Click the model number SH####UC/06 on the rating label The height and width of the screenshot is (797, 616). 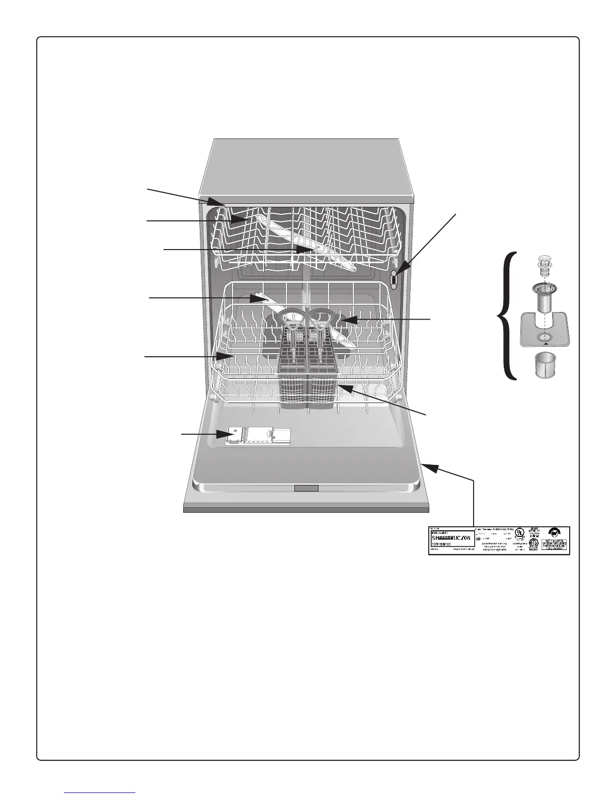[451, 537]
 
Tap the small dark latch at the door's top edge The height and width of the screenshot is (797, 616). [306, 488]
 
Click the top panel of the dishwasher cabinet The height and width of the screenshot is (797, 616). [307, 166]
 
